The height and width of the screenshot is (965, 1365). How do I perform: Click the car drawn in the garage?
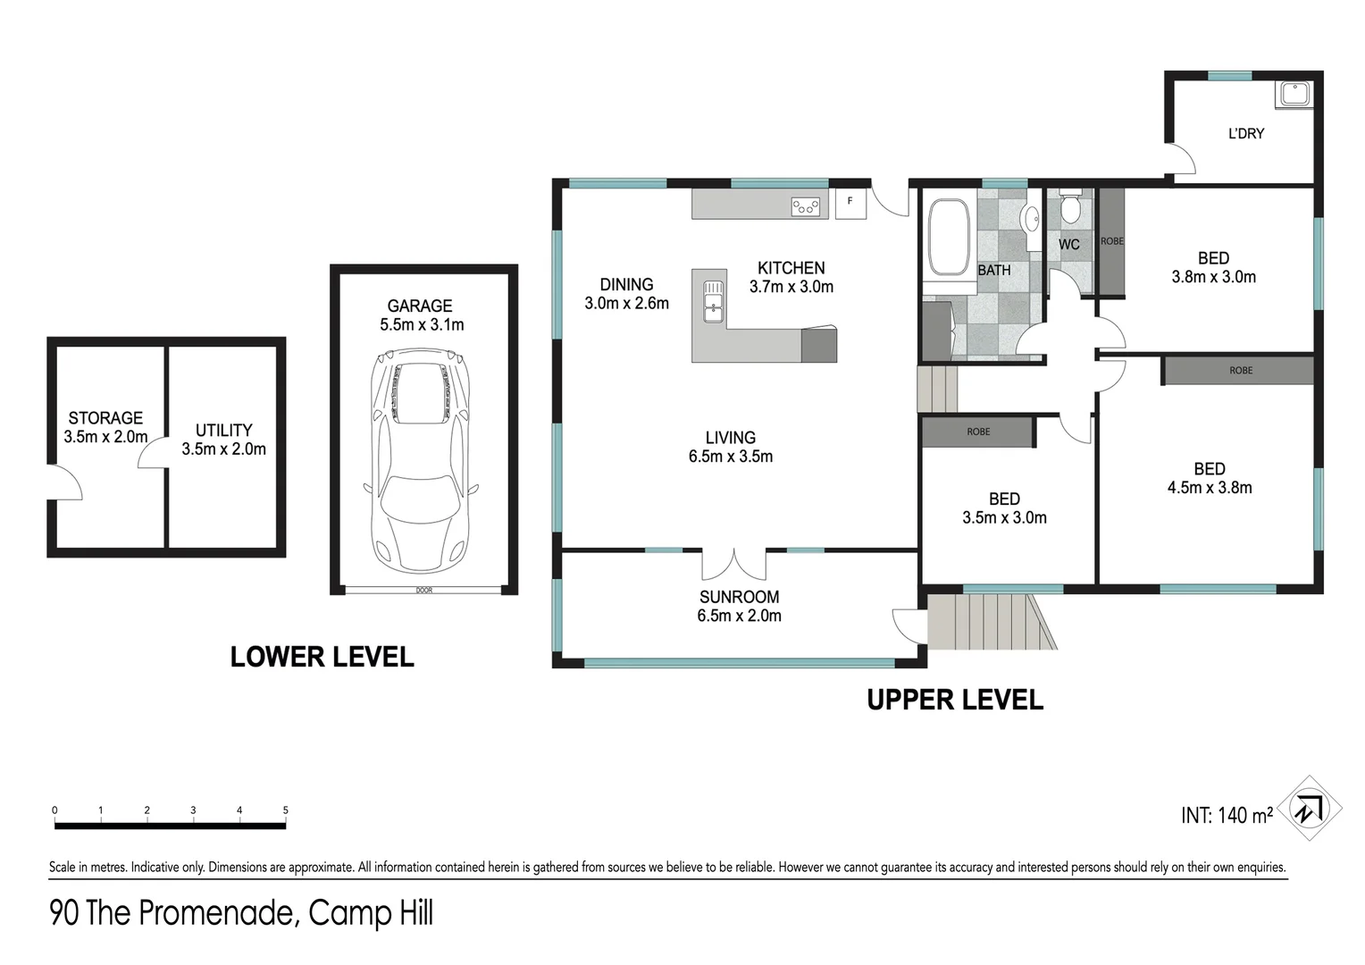(421, 460)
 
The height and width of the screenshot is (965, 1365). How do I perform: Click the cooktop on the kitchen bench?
(805, 207)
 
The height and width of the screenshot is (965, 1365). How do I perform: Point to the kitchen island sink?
(714, 301)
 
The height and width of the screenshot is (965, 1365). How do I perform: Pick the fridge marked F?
(850, 204)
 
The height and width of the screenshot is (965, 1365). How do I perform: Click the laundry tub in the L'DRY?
(1294, 95)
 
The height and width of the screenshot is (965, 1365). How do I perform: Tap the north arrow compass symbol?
(1309, 809)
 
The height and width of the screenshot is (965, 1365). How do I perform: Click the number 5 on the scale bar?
(285, 810)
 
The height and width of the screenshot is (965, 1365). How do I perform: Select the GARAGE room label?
(420, 306)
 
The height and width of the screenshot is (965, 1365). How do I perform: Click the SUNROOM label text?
(739, 597)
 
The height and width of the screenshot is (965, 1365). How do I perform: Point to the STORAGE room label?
(105, 418)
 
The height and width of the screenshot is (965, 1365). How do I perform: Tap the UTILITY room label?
(223, 431)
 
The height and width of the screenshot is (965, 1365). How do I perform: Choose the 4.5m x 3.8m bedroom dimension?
(1210, 488)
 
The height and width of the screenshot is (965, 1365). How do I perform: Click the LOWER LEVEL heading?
(322, 657)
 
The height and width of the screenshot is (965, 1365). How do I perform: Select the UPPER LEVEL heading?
(955, 700)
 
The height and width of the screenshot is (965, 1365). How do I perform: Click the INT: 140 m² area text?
(1227, 815)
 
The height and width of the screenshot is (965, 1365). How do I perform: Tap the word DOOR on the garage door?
(424, 590)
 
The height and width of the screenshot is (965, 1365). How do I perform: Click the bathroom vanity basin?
(1030, 219)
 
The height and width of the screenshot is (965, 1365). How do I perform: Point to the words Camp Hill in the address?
(371, 912)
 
